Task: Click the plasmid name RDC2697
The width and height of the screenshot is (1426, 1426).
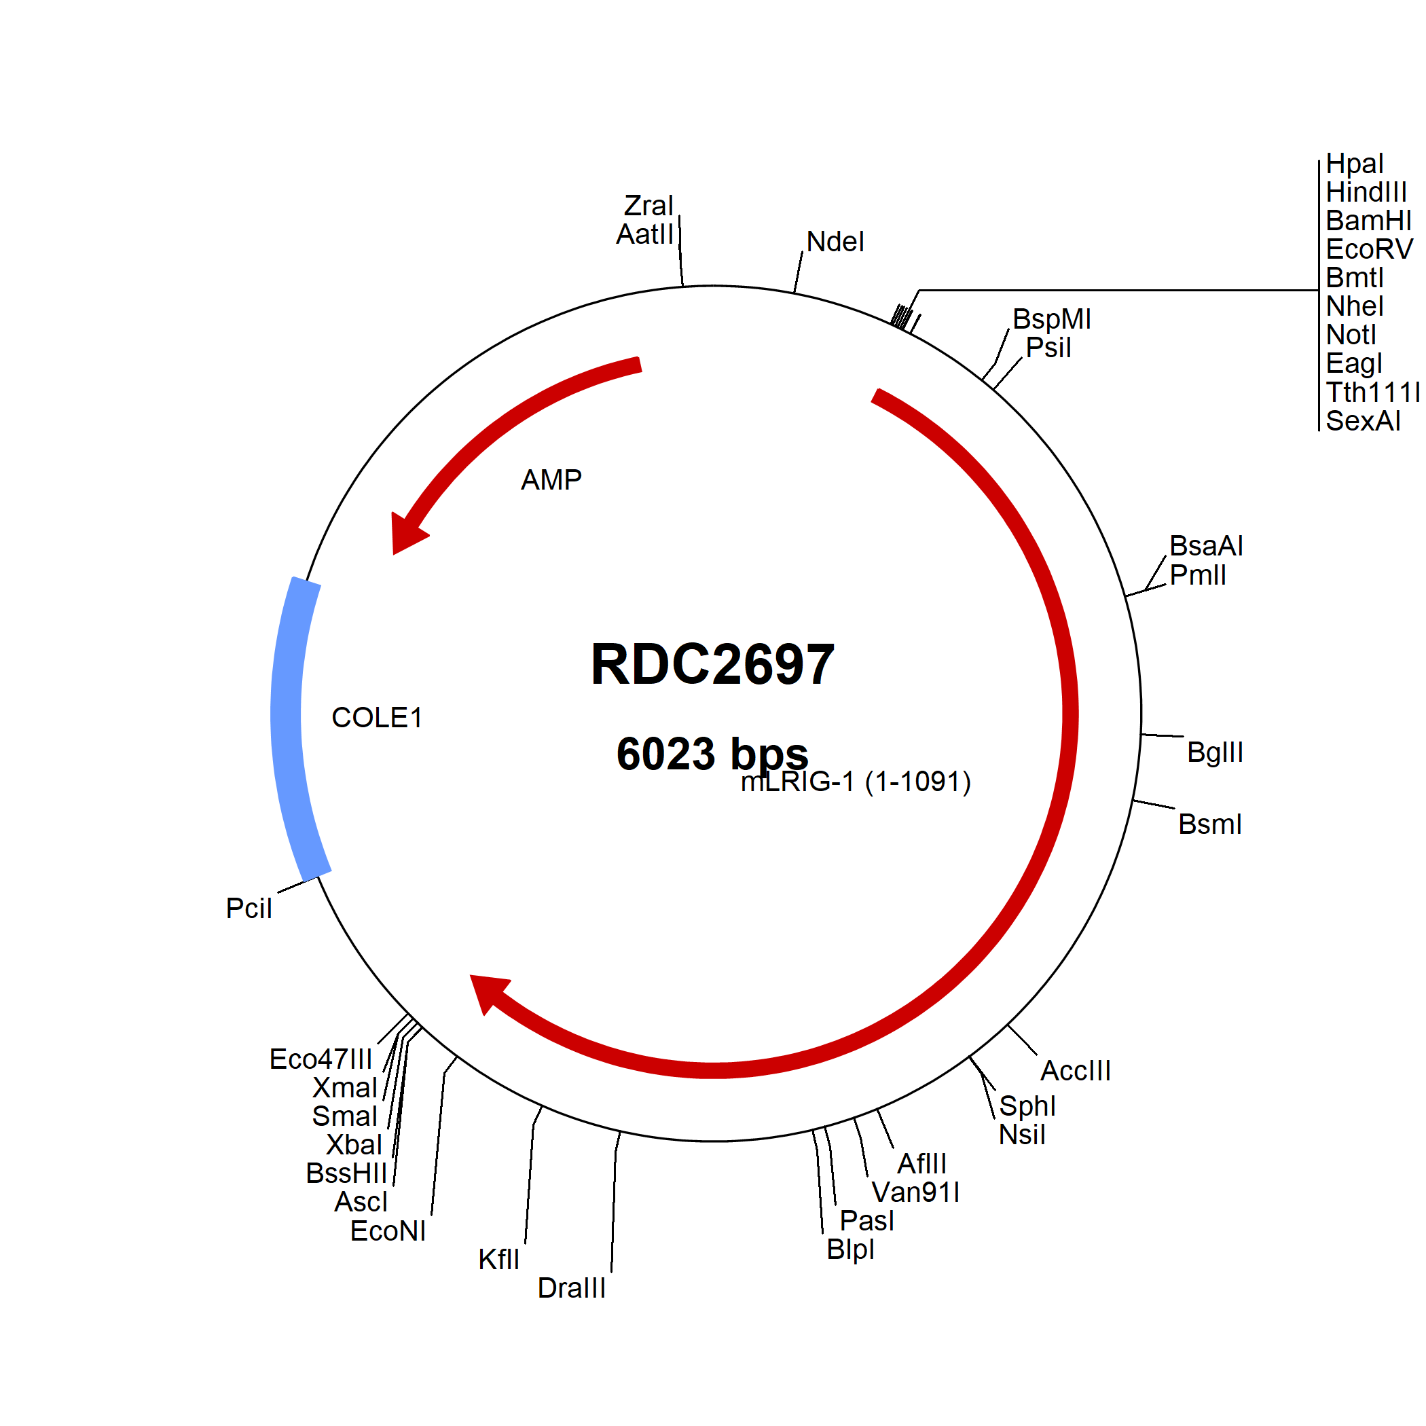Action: [712, 664]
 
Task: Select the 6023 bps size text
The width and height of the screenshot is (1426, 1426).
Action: [712, 754]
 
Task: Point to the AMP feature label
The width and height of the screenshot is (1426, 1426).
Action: [551, 480]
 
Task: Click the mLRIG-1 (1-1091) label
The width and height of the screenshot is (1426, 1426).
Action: [856, 782]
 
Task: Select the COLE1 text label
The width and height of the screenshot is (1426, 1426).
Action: [376, 718]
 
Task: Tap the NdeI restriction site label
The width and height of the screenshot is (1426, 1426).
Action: [835, 241]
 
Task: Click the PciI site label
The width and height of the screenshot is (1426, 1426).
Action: [249, 908]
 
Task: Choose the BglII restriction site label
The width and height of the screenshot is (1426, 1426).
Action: [1215, 752]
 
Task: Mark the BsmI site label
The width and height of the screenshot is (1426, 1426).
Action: [1210, 824]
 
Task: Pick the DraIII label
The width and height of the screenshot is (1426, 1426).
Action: [571, 1288]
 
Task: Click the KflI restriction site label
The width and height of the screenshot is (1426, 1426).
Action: [499, 1259]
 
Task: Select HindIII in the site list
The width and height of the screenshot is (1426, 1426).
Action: [1366, 192]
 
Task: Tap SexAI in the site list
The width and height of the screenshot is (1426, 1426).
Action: [1363, 421]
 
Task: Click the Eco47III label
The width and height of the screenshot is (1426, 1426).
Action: [321, 1059]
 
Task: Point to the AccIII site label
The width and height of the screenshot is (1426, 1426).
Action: [1076, 1070]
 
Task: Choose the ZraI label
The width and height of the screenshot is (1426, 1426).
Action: [648, 205]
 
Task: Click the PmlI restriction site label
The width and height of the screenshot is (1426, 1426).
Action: [1198, 575]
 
